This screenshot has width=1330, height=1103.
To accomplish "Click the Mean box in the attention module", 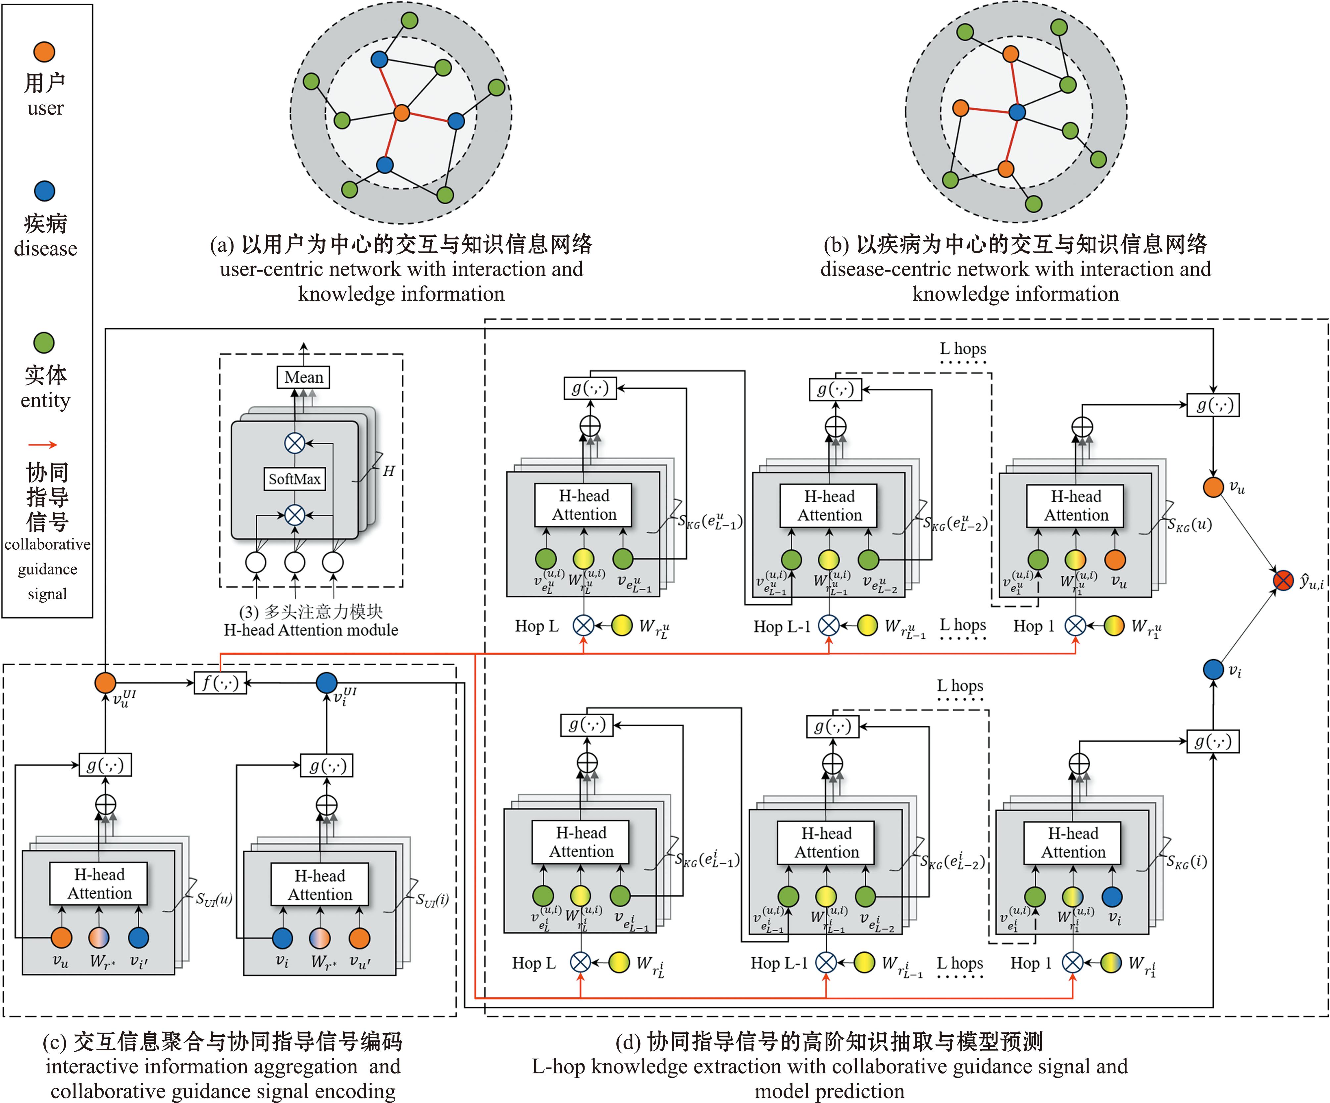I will pyautogui.click(x=303, y=377).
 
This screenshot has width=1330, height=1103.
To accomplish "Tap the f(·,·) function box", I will pyautogui.click(x=220, y=682).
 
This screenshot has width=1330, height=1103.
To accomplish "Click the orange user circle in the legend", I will pyautogui.click(x=44, y=52).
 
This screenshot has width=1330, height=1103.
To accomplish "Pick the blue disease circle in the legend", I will pyautogui.click(x=44, y=191).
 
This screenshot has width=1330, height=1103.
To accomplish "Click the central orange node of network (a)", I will pyautogui.click(x=401, y=113).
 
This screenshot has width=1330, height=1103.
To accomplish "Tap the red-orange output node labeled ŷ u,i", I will pyautogui.click(x=1283, y=580).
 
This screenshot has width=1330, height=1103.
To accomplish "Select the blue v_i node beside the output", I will pyautogui.click(x=1213, y=669).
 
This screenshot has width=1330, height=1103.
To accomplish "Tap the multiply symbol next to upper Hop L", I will pyautogui.click(x=583, y=626).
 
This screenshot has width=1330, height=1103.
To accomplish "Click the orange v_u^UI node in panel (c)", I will pyautogui.click(x=105, y=682).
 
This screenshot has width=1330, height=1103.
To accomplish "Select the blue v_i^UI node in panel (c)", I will pyautogui.click(x=326, y=682).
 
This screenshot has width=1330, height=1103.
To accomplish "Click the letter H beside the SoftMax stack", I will pyautogui.click(x=388, y=471).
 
